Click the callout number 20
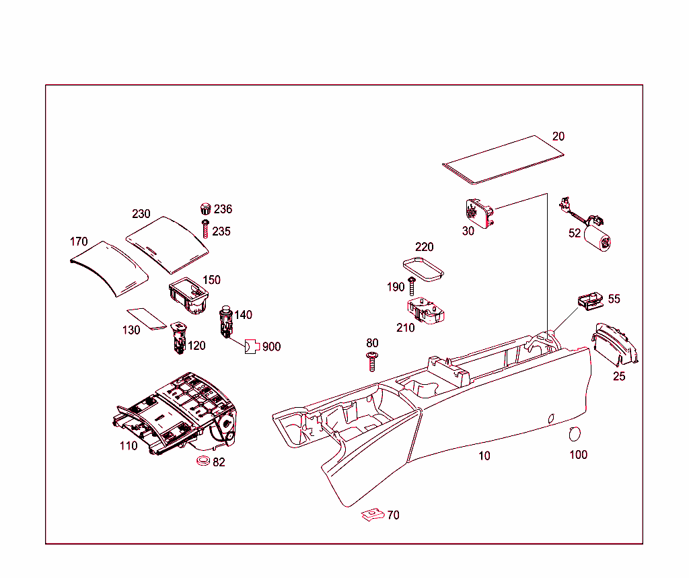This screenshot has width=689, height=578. pos(558,136)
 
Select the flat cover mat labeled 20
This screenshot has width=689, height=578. pos(503,159)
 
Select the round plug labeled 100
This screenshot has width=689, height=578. pos(575,433)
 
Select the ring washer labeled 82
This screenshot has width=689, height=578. pos(201,461)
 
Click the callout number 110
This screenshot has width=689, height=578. pos(129,445)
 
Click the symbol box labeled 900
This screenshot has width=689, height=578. pos(252,347)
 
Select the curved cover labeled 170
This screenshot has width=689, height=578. pos(109,267)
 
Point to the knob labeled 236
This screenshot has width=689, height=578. pos(206,209)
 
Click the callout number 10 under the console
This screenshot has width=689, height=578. pos(484,456)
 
